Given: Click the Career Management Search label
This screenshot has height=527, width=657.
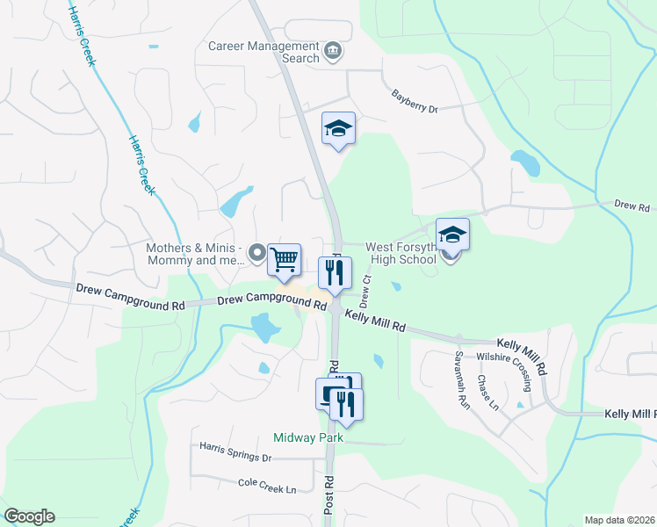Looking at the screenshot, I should pos(263,52).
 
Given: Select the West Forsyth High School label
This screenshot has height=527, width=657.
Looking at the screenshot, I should pos(400,253).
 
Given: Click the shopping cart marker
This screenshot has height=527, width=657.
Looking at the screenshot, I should pos(284,260).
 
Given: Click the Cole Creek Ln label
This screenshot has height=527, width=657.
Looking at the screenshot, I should pos(267,485).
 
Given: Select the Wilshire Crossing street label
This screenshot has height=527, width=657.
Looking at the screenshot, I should pos(504,364).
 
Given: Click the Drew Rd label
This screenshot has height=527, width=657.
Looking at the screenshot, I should pos(631,206).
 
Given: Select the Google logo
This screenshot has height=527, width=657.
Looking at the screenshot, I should pos(29,516).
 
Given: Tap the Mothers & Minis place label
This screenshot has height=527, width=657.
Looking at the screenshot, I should pos(196,254).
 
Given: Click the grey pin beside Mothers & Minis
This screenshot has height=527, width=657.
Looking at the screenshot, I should pos(257,254).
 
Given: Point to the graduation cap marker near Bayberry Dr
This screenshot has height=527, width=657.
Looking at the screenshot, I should pos(338,130).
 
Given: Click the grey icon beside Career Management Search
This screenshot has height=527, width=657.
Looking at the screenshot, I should pos(332,50).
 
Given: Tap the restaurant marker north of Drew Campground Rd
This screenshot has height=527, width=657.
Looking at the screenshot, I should pos(335,273).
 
